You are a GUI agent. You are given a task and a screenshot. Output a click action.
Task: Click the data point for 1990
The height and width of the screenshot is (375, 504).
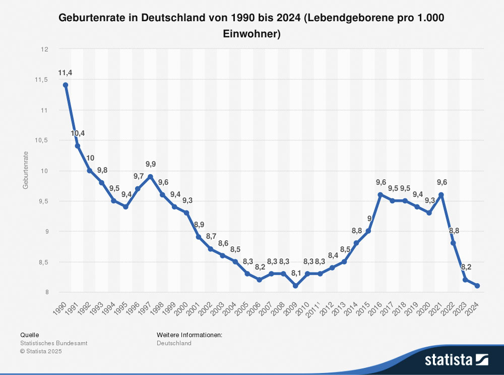pyautogui.click(x=65, y=85)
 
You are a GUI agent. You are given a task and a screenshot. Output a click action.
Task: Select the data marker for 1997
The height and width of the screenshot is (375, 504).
pyautogui.click(x=150, y=177)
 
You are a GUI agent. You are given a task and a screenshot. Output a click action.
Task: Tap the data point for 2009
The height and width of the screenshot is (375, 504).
pyautogui.click(x=295, y=286)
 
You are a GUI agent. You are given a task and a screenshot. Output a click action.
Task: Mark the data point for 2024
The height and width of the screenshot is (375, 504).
pyautogui.click(x=477, y=286)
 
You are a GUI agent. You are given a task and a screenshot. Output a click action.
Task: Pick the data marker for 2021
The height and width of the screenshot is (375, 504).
pyautogui.click(x=440, y=195)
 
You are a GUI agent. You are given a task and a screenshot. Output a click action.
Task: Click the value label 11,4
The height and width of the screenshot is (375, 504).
pyautogui.click(x=65, y=73)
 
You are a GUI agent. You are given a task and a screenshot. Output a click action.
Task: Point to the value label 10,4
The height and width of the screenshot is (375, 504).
pyautogui.click(x=78, y=133)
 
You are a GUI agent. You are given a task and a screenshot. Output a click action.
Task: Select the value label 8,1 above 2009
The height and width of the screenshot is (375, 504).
pyautogui.click(x=296, y=274)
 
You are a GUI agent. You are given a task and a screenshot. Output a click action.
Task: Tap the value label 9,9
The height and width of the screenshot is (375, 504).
pyautogui.click(x=151, y=164)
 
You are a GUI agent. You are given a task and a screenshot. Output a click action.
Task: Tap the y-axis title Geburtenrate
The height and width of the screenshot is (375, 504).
pyautogui.click(x=25, y=171)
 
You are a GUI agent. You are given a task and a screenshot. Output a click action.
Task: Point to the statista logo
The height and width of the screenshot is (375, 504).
pyautogui.click(x=456, y=359)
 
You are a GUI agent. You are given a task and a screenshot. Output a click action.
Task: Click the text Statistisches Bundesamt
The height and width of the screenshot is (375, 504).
pyautogui.click(x=54, y=343)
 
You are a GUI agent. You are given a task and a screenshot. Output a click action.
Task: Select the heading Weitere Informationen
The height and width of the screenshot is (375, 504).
pyautogui.click(x=190, y=335)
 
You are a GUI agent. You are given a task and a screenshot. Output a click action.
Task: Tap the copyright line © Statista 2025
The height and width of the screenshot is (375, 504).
pyautogui.click(x=41, y=351)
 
